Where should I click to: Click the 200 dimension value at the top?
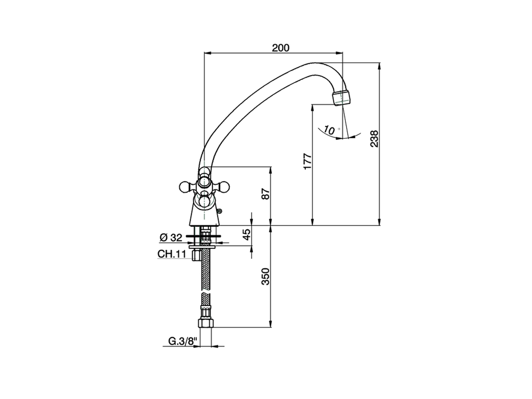281,48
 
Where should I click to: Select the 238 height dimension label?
374,139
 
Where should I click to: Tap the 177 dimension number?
307,161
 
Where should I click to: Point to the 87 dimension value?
266,194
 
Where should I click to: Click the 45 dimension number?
247,235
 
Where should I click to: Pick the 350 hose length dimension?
266,276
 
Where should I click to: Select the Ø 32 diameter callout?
171,237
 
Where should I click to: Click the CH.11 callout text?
171,254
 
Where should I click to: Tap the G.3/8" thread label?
182,341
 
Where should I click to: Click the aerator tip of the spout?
342,98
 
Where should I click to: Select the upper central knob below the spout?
204,181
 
